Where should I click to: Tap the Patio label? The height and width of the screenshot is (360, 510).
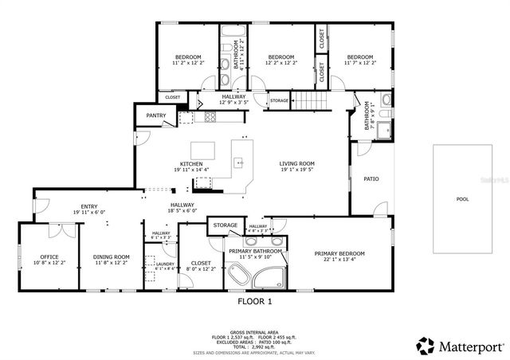[x=371, y=178]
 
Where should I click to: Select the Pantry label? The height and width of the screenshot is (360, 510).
[x=155, y=115]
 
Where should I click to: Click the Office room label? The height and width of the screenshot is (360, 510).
[x=49, y=257]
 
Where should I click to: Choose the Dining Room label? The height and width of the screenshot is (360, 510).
[x=111, y=257]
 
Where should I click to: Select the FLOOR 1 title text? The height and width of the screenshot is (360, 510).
[x=255, y=301]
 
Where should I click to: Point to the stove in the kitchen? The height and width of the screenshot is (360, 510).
[x=210, y=117]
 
